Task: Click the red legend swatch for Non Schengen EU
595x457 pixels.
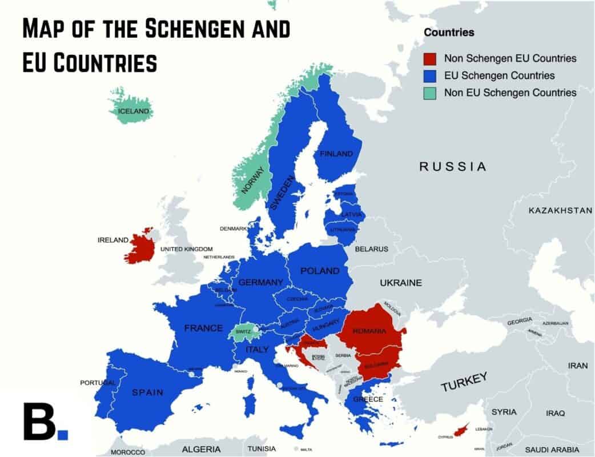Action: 430,58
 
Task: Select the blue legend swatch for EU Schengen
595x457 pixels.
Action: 430,75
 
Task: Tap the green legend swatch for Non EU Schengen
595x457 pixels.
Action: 430,93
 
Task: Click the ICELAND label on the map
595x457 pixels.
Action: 133,111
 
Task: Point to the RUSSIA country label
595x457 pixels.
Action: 453,167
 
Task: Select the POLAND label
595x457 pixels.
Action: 320,271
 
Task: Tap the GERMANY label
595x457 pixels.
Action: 260,282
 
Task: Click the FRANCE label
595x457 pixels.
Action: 203,328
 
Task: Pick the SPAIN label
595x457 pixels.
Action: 147,392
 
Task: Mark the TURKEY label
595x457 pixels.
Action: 464,382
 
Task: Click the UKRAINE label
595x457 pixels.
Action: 401,283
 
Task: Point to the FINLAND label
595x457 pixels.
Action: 336,154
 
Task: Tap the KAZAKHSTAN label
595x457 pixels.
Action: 560,211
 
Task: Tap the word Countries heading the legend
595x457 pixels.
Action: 449,33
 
